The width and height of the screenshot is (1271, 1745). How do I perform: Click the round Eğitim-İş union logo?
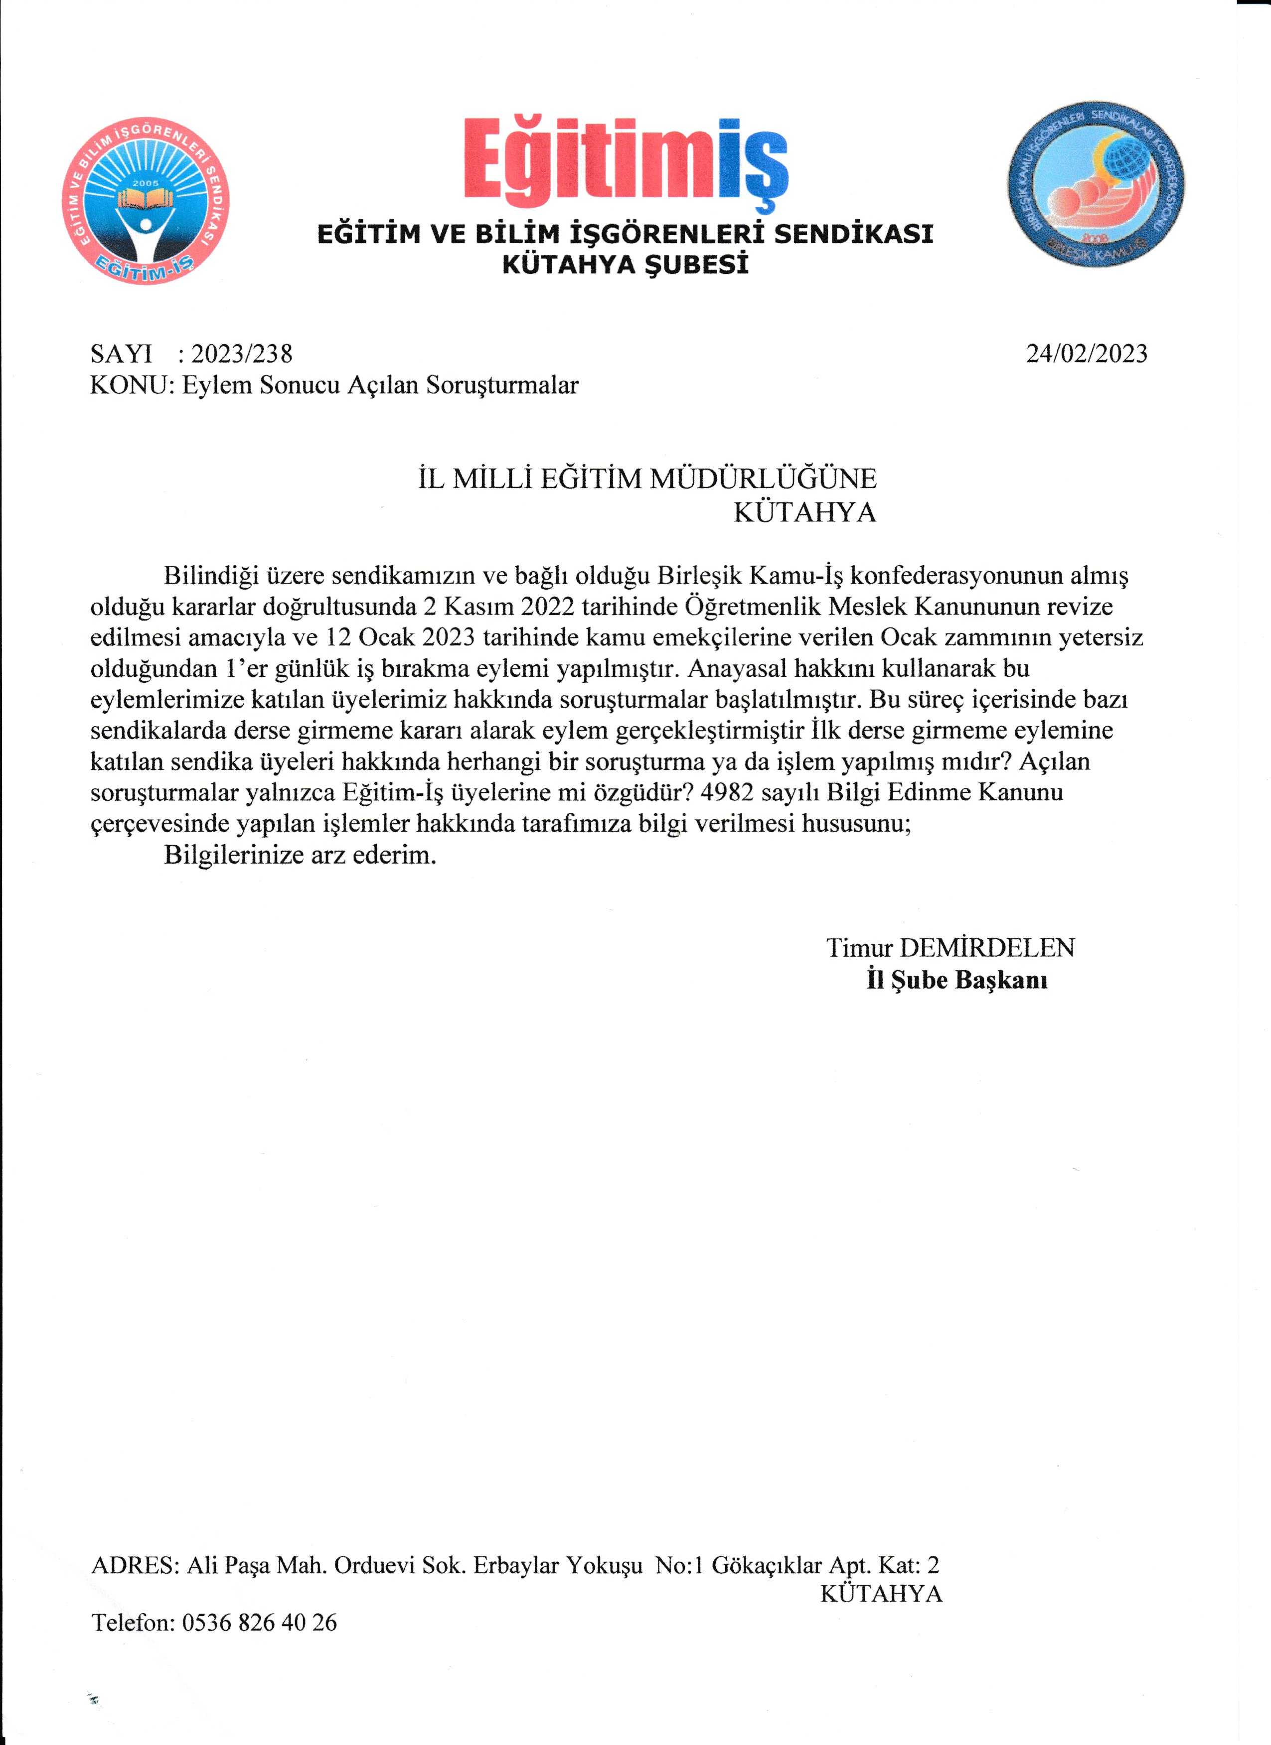(x=146, y=201)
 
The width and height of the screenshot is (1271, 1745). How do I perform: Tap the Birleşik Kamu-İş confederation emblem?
(x=1096, y=185)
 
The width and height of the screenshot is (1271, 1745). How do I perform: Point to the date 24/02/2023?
(x=1086, y=354)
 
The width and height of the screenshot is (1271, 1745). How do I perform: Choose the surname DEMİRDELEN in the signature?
(x=987, y=947)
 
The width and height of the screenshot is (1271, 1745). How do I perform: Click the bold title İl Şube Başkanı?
(x=957, y=980)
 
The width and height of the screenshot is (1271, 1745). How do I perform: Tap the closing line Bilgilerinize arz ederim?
(x=300, y=855)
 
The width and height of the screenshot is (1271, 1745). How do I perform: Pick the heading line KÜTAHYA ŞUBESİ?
(x=625, y=264)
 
